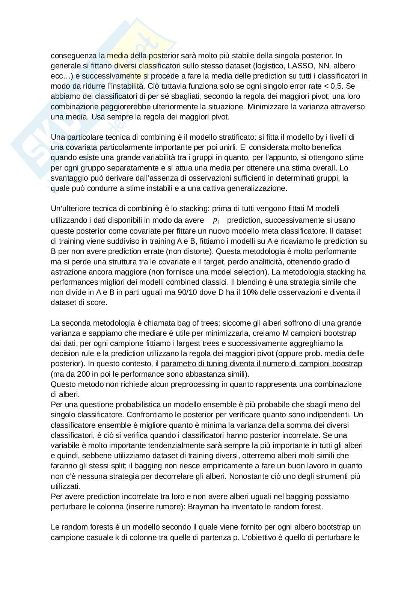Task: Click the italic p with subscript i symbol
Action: (216, 220)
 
